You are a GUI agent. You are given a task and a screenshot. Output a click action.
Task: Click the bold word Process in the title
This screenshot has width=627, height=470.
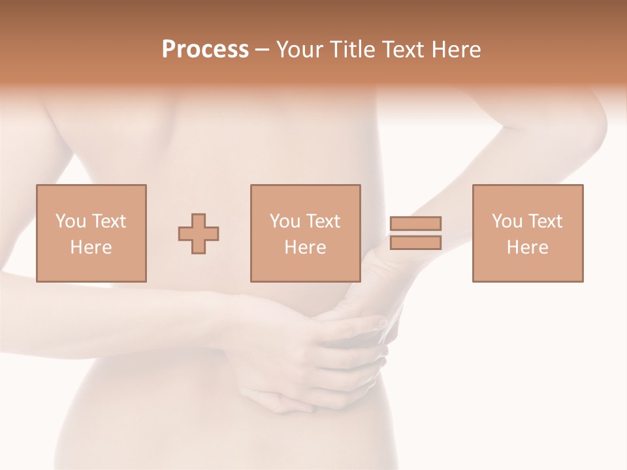pos(205,50)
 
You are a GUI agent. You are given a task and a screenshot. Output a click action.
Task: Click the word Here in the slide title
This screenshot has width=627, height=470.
pos(457,50)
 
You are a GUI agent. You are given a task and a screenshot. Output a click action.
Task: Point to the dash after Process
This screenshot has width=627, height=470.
pos(263,50)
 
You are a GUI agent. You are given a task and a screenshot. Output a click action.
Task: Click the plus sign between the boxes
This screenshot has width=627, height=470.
pos(199,234)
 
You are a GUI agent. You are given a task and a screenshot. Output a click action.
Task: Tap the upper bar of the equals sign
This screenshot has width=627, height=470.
pos(415,223)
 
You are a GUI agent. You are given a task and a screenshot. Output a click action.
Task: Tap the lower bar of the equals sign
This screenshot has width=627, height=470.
pos(415,243)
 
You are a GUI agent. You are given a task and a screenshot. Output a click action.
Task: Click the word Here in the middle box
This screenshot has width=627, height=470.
pos(306,247)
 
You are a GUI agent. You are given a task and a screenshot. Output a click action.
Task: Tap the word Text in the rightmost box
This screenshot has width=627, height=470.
pos(545,221)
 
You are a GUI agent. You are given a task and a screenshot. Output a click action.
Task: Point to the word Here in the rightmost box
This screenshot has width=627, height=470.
pos(528,247)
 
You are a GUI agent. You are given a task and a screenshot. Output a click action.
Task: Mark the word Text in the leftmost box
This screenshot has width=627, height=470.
pos(108,221)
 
